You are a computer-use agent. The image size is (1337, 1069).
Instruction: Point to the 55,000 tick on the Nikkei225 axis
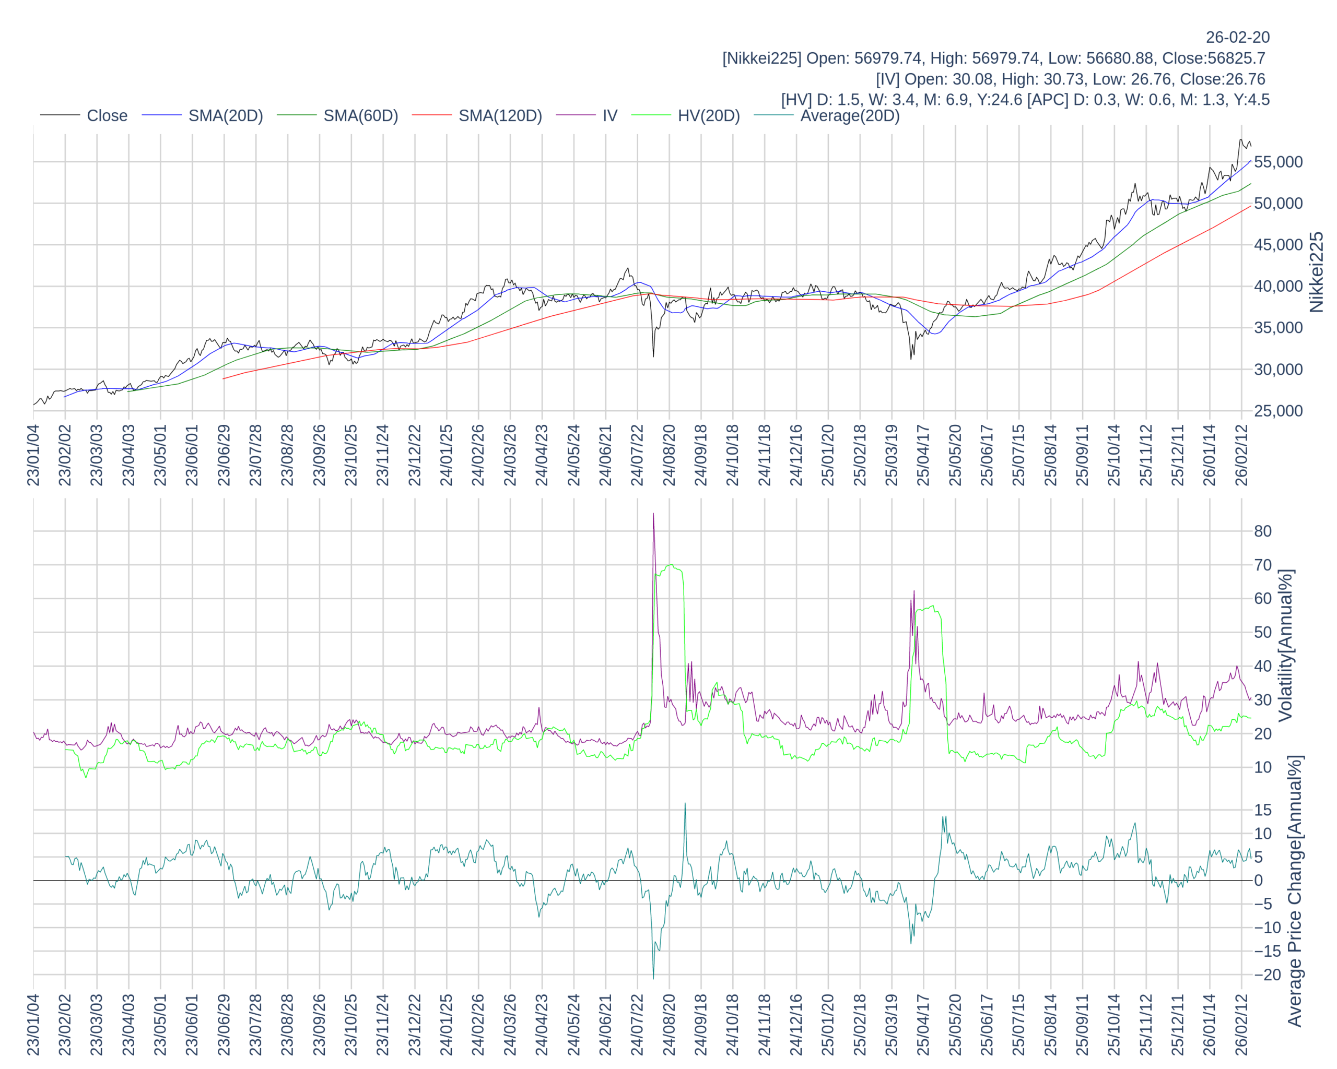(x=1278, y=162)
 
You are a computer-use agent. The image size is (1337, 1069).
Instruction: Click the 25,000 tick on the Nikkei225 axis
(x=1278, y=411)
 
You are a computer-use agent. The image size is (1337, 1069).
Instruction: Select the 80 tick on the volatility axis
(x=1263, y=531)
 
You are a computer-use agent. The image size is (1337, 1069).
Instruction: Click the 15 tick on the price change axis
(x=1263, y=810)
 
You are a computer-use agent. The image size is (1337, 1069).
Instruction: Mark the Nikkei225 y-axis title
(x=1316, y=272)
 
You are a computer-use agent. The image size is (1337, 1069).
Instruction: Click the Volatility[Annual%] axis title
(x=1285, y=645)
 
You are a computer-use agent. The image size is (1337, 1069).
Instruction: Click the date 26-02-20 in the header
(x=1237, y=37)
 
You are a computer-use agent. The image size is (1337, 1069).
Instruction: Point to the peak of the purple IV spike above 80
(x=653, y=514)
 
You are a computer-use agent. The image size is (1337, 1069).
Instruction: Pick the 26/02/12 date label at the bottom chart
(x=1241, y=1025)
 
